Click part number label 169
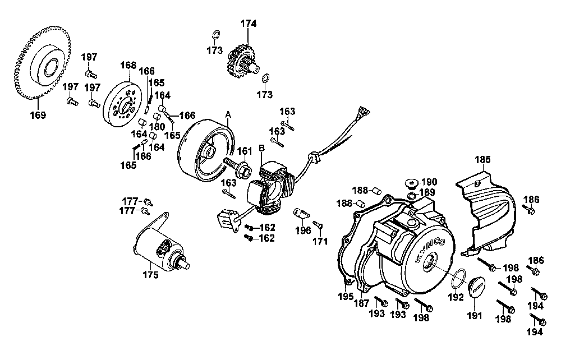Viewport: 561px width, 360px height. coord(38,116)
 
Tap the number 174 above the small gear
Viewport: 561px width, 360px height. coord(249,24)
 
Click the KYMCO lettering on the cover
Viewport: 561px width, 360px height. coord(431,249)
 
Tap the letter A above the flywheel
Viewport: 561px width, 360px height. coord(228,113)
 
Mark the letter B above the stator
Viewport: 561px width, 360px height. coord(261,148)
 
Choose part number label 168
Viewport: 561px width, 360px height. coord(128,66)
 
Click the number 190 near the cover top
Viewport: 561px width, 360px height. coord(429,182)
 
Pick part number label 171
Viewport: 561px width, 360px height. coord(320,241)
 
